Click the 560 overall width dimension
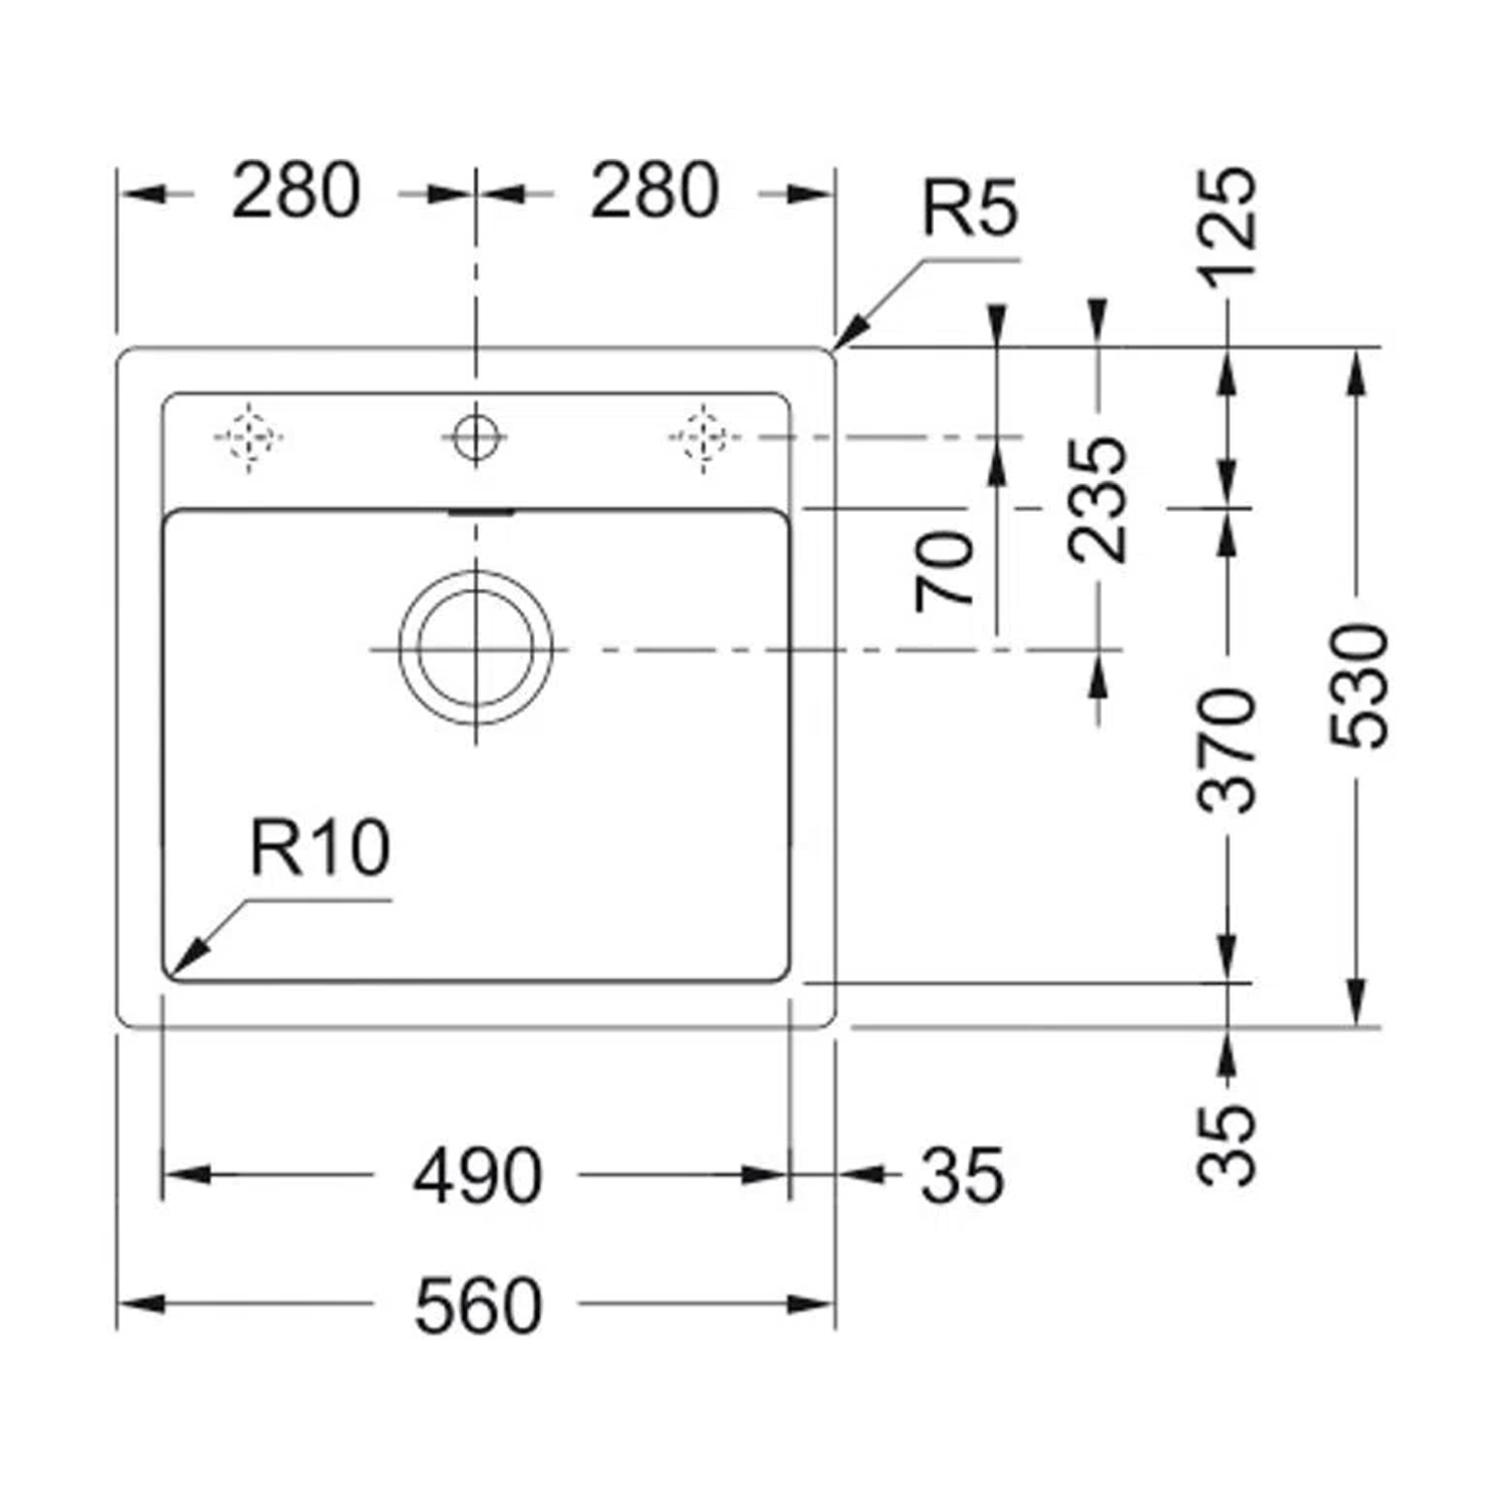(478, 1304)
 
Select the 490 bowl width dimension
(478, 1175)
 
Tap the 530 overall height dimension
(1358, 686)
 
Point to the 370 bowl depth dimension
(1227, 749)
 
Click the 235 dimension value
(1098, 499)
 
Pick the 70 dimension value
(945, 572)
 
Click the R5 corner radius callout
(969, 208)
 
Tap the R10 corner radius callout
(319, 847)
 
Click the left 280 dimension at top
(295, 191)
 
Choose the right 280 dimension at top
(654, 191)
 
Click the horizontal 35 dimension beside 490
(961, 1175)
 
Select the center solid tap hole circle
(475, 436)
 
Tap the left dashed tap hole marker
(249, 437)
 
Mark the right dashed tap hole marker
(704, 437)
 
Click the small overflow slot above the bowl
(481, 512)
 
